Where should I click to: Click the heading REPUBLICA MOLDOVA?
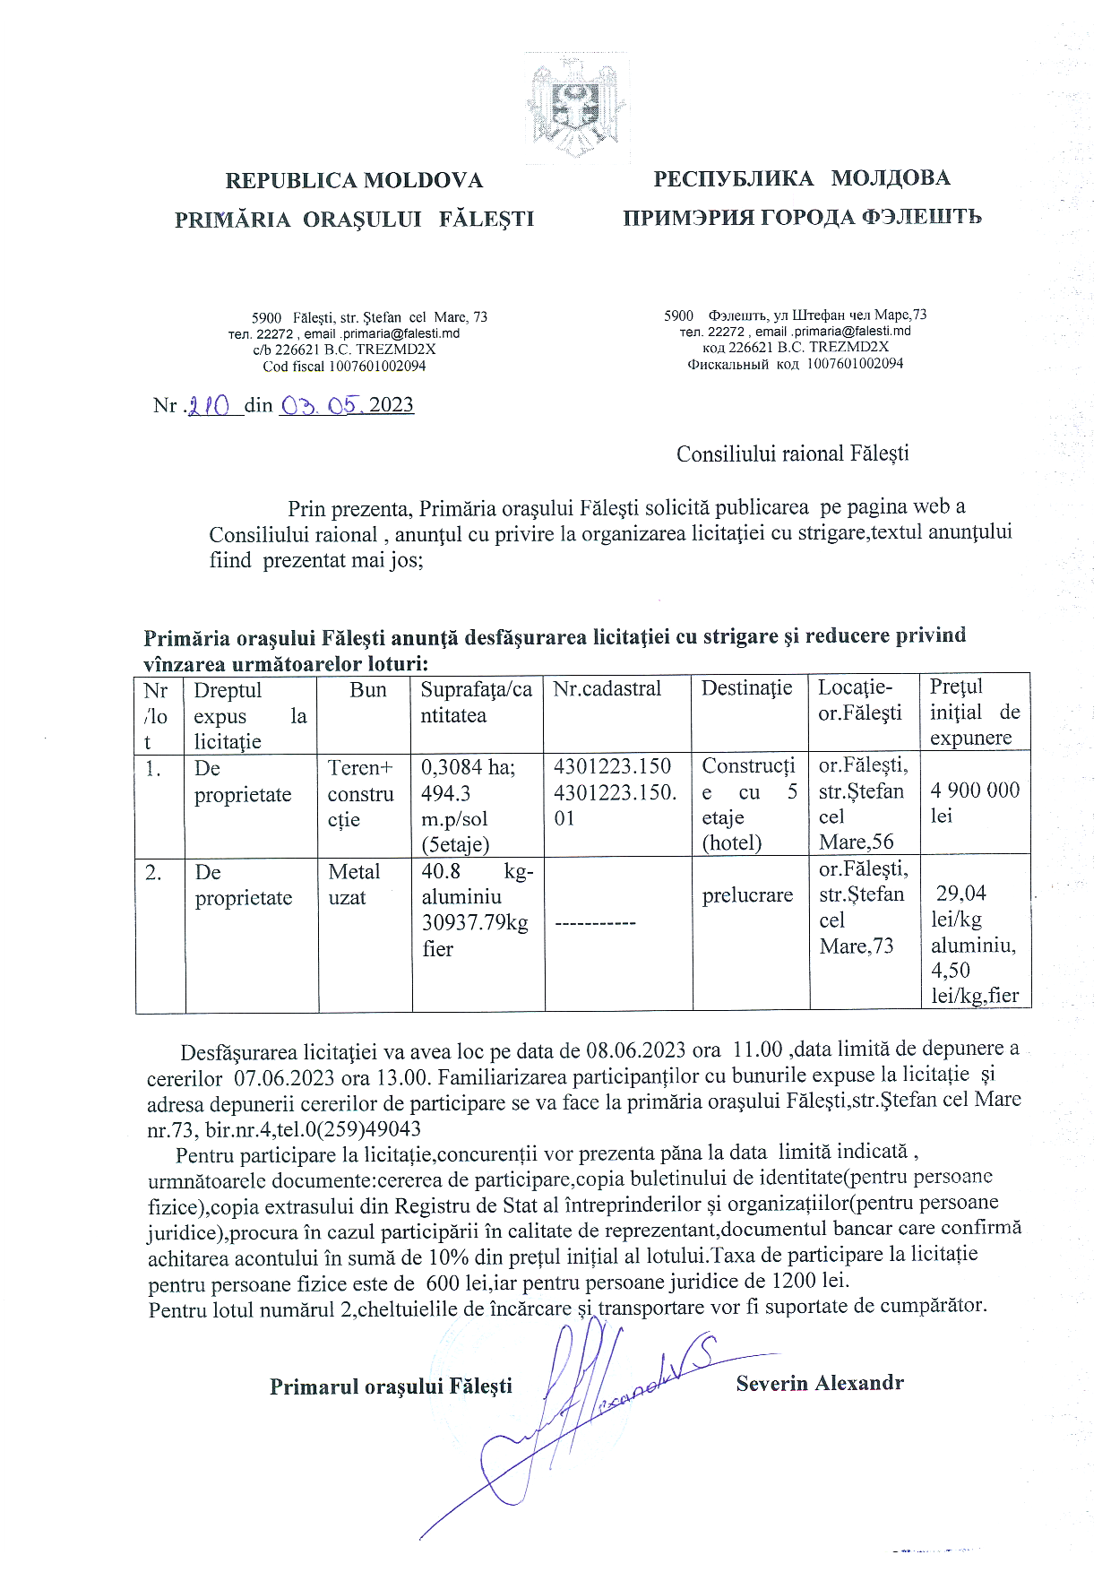tap(354, 181)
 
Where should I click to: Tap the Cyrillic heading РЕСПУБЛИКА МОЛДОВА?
tap(801, 178)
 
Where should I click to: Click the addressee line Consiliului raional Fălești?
tap(792, 453)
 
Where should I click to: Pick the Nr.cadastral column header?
tap(607, 689)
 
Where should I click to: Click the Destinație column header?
tap(746, 688)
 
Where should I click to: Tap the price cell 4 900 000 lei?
tap(975, 802)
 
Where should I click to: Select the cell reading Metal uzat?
tap(354, 885)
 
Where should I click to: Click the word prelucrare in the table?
tap(747, 894)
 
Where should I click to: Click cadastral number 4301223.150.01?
tap(615, 805)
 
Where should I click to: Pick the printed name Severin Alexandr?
tap(819, 1383)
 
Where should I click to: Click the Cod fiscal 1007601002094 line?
tap(344, 366)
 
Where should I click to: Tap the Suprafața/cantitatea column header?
tap(476, 703)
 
